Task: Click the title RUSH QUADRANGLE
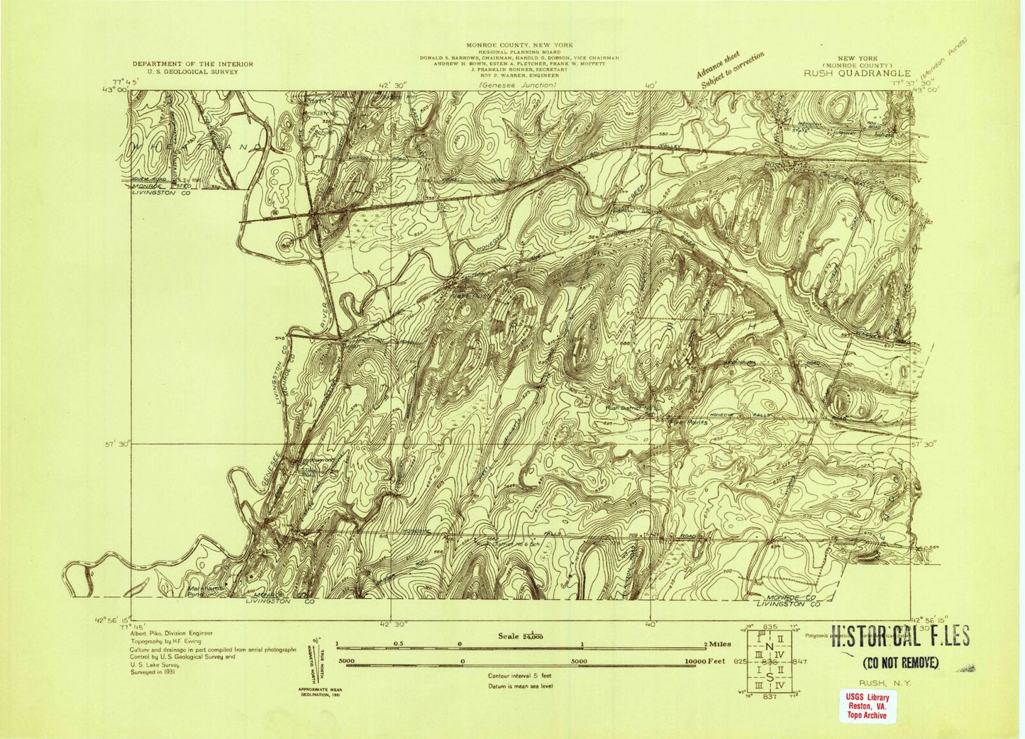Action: tap(857, 72)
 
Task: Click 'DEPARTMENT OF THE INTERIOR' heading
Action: tap(192, 64)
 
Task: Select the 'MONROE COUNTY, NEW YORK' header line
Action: tap(519, 45)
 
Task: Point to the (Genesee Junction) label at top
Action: tap(517, 85)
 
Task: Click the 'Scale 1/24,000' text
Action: tap(521, 636)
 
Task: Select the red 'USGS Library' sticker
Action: tap(866, 706)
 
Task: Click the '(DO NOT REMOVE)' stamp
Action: tap(900, 664)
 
